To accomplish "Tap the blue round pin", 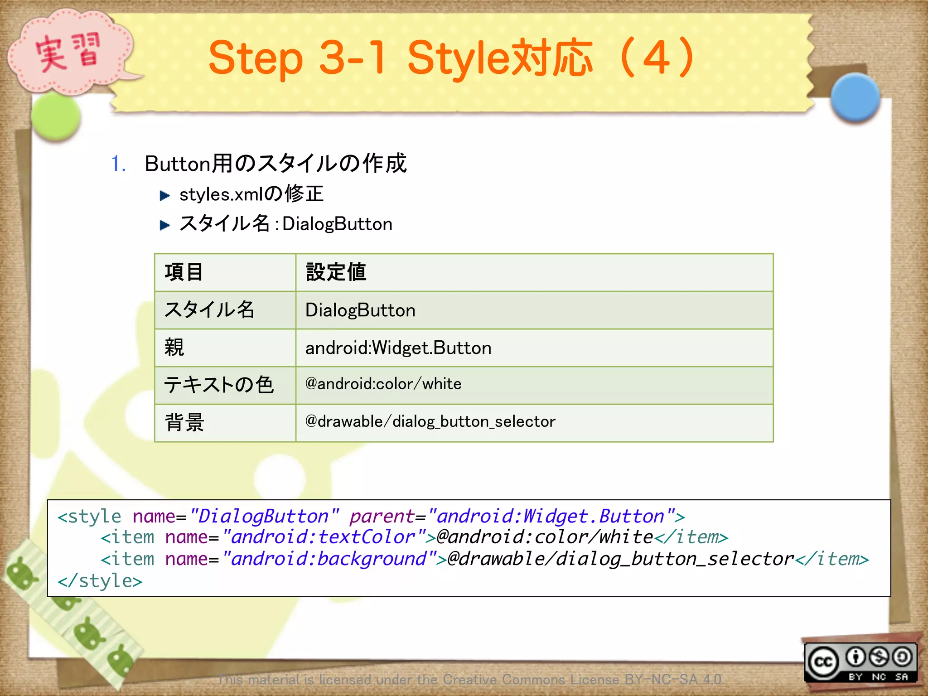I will [x=855, y=97].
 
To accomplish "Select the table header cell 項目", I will [x=184, y=272].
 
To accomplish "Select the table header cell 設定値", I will [x=336, y=272].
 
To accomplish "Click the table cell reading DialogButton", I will [x=360, y=310].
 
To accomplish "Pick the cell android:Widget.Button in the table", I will [x=398, y=348].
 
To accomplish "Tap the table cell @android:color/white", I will [x=383, y=384].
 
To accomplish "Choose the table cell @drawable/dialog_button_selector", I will [x=430, y=422].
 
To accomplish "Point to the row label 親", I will [x=174, y=348].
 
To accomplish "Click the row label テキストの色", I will [x=219, y=385].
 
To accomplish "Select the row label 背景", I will [x=184, y=423].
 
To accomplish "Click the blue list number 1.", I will [x=118, y=164].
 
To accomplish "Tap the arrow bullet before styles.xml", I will [x=164, y=196].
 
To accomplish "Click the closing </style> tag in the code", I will [x=100, y=581].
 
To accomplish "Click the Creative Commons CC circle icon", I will [x=823, y=662].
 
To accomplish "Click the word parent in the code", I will [x=382, y=517].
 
